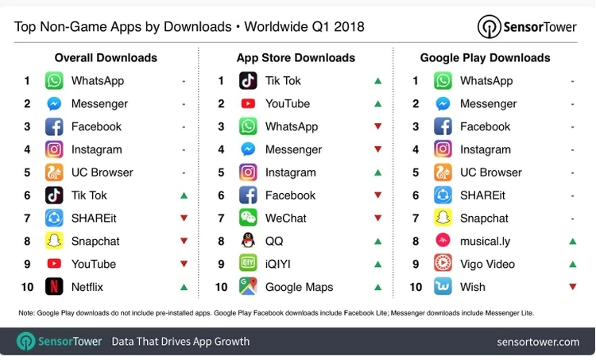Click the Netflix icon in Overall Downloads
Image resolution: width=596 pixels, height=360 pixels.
54,287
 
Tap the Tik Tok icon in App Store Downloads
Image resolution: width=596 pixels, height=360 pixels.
248,80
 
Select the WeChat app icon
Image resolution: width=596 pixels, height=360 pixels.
248,218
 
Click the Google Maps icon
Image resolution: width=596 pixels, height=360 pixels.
248,287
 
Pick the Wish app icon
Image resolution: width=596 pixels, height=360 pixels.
443,287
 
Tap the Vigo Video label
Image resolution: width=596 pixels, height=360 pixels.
487,264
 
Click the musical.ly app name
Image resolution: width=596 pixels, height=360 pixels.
485,241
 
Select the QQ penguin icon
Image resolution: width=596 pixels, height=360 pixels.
248,241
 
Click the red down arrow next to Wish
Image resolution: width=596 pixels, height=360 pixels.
572,287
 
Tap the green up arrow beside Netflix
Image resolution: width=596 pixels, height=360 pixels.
184,287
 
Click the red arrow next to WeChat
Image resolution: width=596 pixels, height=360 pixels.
377,218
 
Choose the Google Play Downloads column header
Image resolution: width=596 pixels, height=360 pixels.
485,58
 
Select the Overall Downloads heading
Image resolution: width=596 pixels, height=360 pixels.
106,58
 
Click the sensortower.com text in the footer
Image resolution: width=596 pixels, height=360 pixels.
538,342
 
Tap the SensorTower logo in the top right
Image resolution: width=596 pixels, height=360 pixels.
528,26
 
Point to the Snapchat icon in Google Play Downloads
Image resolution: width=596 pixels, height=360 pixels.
443,218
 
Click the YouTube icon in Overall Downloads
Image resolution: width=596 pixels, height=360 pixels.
54,264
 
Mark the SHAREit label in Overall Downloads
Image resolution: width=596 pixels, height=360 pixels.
95,218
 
